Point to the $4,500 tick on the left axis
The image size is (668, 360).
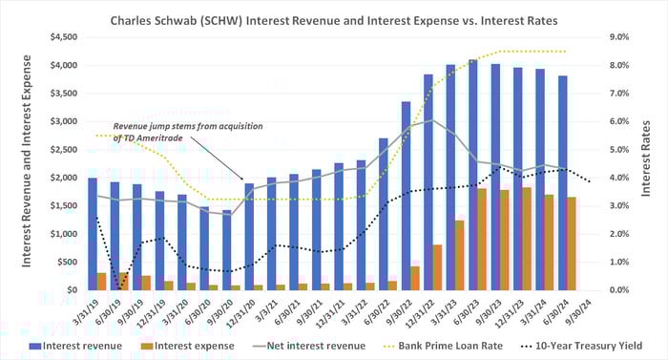(66, 37)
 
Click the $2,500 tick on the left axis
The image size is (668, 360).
(66, 150)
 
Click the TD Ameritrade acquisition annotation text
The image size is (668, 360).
(188, 132)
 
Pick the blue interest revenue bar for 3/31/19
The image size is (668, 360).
(93, 234)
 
